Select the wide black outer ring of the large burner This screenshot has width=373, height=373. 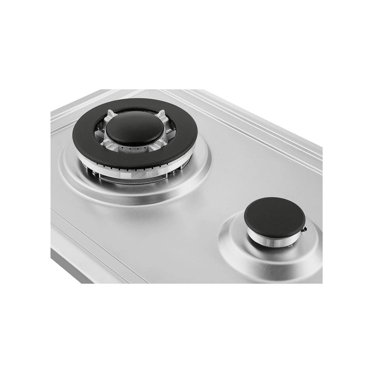[84, 140]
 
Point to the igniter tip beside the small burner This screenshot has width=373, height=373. [304, 230]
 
